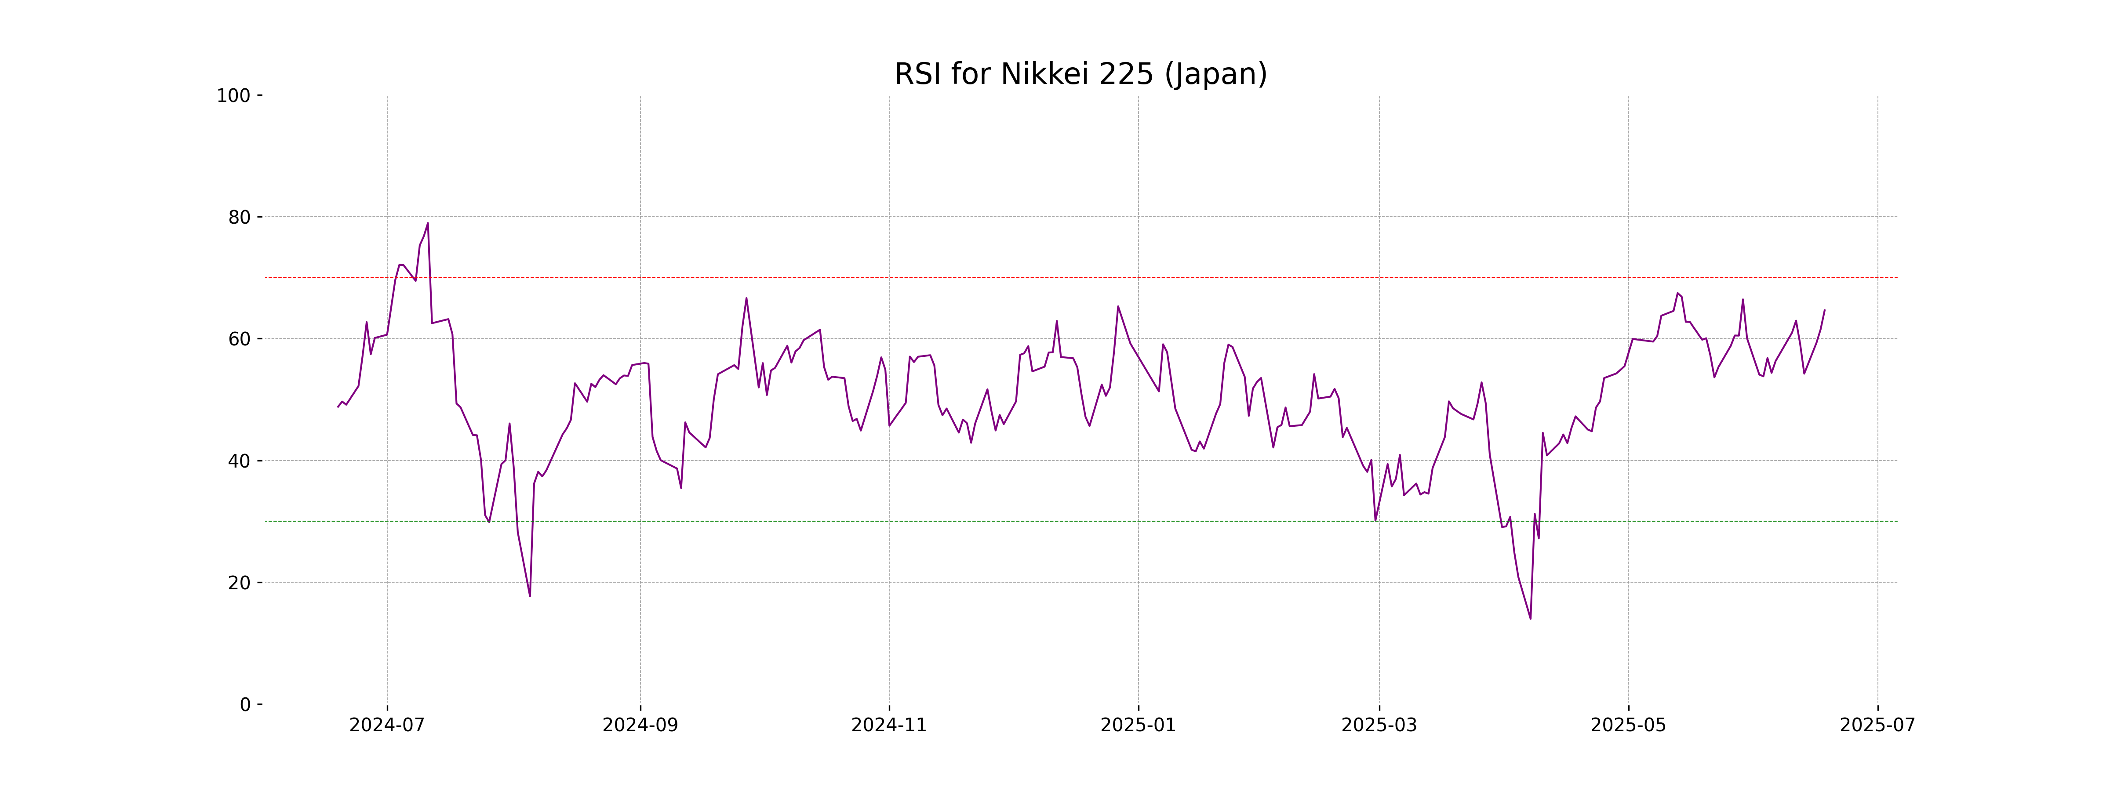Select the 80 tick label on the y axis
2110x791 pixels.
click(x=239, y=218)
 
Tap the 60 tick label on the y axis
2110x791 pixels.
click(x=239, y=339)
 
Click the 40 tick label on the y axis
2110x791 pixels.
click(x=239, y=461)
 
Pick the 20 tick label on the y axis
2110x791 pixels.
click(x=239, y=583)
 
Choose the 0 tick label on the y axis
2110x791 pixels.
click(x=245, y=705)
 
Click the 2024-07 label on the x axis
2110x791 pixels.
click(x=387, y=726)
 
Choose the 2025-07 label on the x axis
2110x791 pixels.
click(x=1877, y=726)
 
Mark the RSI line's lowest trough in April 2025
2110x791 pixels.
click(x=1530, y=618)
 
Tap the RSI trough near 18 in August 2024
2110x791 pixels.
click(x=530, y=596)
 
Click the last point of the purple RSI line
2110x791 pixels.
click(x=1824, y=310)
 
